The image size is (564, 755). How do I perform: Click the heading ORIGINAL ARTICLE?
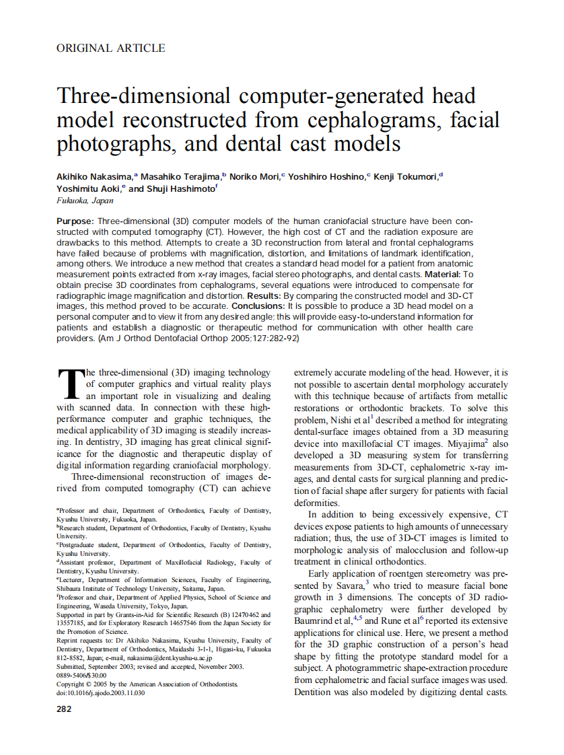(110, 48)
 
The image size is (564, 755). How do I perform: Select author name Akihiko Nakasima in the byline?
(94, 176)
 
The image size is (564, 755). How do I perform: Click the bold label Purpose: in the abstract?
(75, 221)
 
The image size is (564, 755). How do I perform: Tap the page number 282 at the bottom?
(64, 709)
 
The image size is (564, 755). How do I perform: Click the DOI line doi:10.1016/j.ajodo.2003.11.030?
(100, 693)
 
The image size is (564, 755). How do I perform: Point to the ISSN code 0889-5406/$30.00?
(81, 676)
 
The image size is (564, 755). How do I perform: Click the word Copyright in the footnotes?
(75, 684)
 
